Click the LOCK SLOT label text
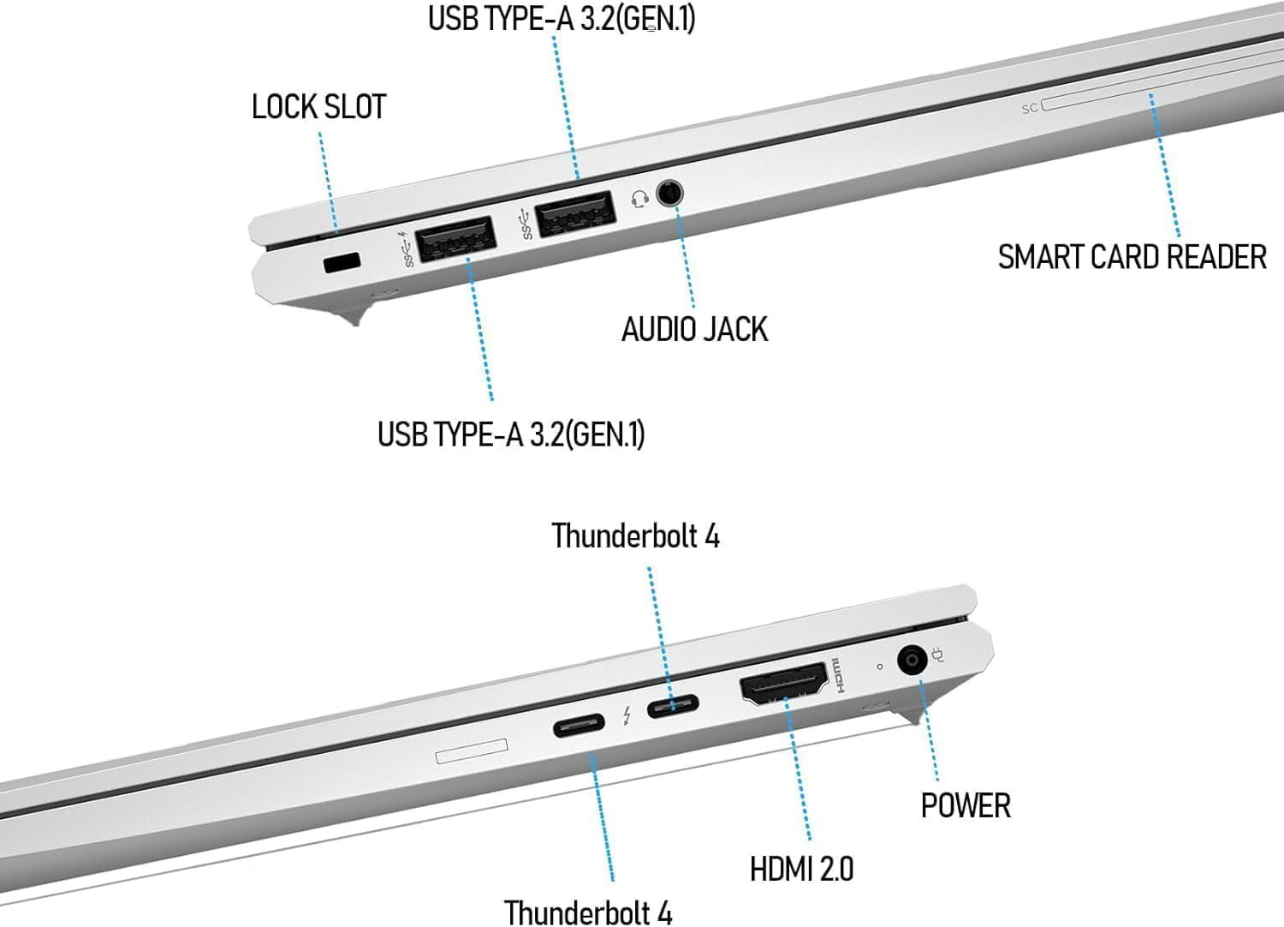(x=318, y=107)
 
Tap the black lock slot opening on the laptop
(x=343, y=263)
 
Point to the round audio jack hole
(x=670, y=193)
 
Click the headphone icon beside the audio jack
(x=638, y=200)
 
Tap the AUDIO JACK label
(x=694, y=330)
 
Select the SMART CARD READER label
(x=1132, y=257)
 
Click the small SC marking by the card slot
(x=1030, y=109)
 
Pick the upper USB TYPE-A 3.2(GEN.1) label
(x=562, y=18)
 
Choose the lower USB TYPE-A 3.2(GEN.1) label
(x=511, y=434)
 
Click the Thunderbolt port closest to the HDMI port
(x=673, y=707)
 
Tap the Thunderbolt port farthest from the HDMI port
(x=579, y=728)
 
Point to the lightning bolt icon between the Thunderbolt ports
(x=627, y=715)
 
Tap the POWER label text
(x=966, y=805)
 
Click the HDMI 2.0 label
(x=801, y=869)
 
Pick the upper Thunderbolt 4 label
(x=635, y=536)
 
